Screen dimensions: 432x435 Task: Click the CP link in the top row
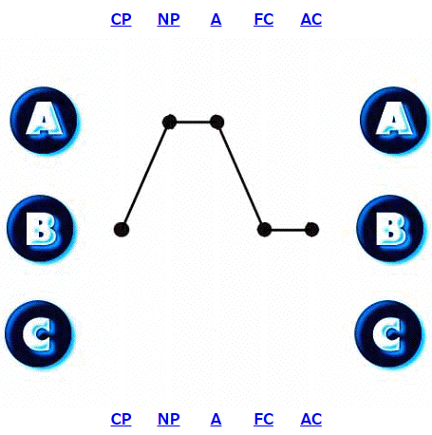[121, 19]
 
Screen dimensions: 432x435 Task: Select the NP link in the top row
[169, 19]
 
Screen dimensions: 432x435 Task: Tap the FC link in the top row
[264, 19]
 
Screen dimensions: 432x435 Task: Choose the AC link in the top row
[311, 19]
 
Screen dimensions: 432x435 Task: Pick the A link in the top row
[216, 19]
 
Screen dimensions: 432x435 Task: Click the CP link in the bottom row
[121, 419]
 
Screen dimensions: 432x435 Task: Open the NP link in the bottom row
[169, 419]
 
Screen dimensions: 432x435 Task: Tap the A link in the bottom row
[216, 419]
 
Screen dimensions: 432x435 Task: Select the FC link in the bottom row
[264, 419]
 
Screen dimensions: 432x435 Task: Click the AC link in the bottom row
[311, 419]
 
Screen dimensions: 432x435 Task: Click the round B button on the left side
[40, 228]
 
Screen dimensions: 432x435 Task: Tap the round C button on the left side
[39, 333]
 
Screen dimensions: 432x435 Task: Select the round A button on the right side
[394, 121]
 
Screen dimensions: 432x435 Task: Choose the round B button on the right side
[390, 228]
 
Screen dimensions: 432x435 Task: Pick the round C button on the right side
[388, 333]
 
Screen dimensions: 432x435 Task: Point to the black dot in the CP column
[122, 229]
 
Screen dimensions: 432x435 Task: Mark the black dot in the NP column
[169, 122]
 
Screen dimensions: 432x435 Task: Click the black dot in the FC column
[264, 230]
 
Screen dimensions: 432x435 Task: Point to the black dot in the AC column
[311, 230]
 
